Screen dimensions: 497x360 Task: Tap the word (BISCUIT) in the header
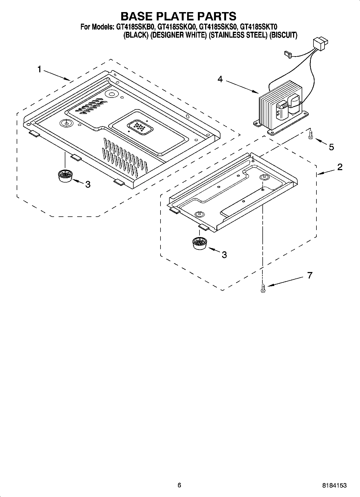point(283,35)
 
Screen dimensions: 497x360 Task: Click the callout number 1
point(39,69)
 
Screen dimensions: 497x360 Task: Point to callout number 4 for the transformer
point(220,79)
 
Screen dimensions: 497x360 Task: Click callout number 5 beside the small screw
point(331,147)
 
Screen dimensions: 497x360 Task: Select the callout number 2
point(340,167)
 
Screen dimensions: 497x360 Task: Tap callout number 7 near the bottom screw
point(310,275)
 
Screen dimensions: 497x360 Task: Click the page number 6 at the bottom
point(179,485)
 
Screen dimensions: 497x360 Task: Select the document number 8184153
point(334,485)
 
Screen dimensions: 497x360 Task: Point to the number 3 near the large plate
point(88,184)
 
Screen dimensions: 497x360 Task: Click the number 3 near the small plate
point(224,255)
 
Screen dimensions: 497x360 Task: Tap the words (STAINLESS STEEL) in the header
point(237,35)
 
